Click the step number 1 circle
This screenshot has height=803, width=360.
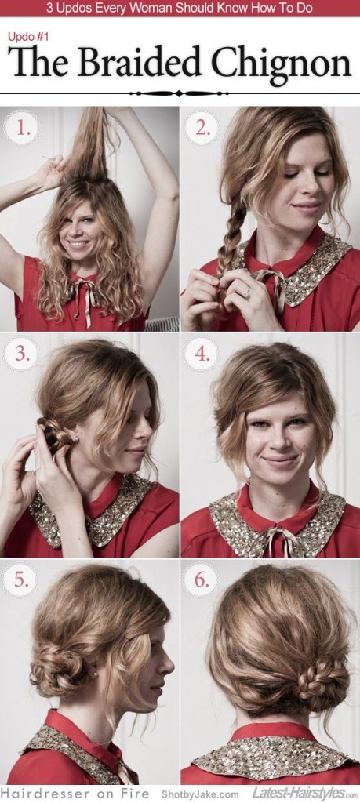coord(22,128)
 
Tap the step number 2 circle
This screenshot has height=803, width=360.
coord(202,128)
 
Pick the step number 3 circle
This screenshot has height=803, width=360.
coord(22,354)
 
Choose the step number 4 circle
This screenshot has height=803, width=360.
coord(202,354)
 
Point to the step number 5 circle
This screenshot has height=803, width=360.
coord(22,581)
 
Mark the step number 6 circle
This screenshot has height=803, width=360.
coord(202,581)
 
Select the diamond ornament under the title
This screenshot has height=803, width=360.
coord(180,93)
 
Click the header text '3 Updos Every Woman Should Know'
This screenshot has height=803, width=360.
coord(180,8)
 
